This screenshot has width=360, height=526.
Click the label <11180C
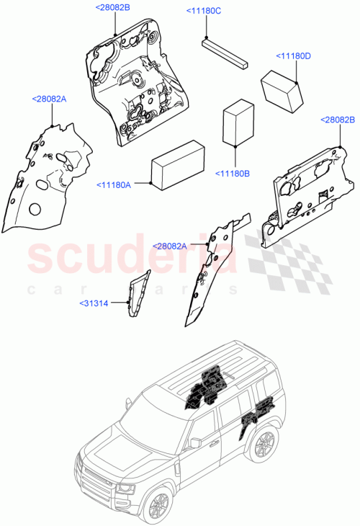(x=204, y=11)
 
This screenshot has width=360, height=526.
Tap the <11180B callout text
(x=233, y=173)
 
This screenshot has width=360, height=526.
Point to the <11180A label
(x=113, y=185)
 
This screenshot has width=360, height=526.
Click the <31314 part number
(x=94, y=303)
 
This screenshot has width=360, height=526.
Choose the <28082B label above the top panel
(x=112, y=7)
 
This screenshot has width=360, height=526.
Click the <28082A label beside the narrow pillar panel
(x=170, y=246)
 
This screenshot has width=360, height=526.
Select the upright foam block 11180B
(x=238, y=123)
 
